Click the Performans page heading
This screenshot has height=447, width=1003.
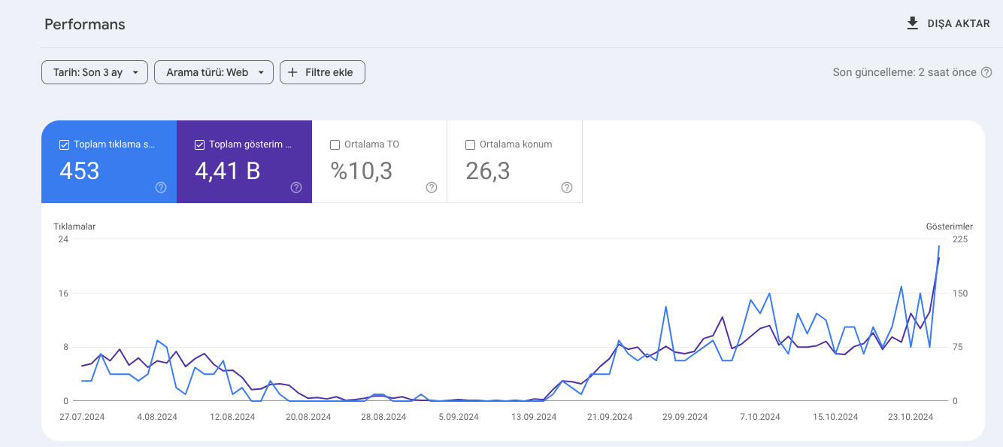click(85, 24)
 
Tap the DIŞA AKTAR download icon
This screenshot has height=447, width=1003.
click(912, 23)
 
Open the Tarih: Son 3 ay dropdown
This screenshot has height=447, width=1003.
click(95, 72)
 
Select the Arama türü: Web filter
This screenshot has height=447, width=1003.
click(214, 72)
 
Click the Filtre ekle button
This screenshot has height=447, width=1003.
click(323, 72)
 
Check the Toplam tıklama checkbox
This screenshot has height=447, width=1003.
click(64, 144)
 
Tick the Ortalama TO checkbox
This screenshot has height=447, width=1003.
click(335, 144)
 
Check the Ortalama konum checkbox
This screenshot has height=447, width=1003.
click(470, 144)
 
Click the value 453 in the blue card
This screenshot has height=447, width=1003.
click(79, 171)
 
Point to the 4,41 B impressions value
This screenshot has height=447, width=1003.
click(228, 171)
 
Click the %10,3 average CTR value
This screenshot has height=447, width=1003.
click(362, 171)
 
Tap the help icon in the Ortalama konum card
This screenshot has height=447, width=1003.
click(567, 187)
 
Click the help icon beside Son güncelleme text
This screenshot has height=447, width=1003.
click(986, 72)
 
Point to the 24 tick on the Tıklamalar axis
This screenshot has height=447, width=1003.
click(63, 239)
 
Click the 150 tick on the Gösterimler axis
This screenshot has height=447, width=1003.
click(960, 293)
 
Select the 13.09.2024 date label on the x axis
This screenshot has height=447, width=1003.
click(534, 417)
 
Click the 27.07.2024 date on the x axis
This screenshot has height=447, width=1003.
click(82, 417)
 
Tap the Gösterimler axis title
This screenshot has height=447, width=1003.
click(950, 227)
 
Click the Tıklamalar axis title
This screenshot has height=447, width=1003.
click(74, 227)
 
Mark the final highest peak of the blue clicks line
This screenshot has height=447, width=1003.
click(939, 246)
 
